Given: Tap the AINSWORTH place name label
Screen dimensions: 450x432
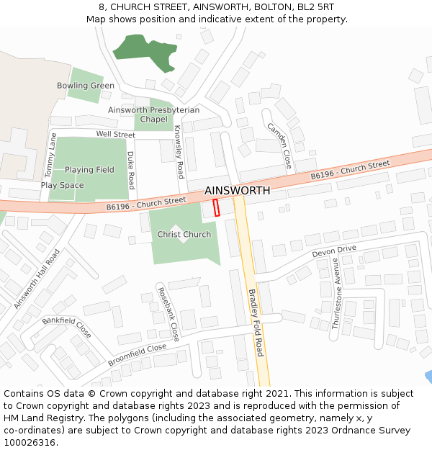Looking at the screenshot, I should [238, 191].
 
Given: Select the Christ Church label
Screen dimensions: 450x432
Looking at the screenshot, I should [184, 234].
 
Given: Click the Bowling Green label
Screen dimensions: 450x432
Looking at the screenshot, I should [86, 86].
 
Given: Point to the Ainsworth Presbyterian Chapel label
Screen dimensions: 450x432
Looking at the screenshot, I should [153, 114].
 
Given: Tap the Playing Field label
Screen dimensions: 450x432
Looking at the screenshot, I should [89, 170].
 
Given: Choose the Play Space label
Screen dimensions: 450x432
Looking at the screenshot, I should [62, 185].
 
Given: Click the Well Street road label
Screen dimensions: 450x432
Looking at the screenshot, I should [115, 135].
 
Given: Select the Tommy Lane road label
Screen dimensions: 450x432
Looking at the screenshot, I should [50, 156].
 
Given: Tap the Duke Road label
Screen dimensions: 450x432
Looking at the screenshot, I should [131, 171].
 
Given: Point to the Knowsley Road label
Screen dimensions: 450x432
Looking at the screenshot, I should [179, 152].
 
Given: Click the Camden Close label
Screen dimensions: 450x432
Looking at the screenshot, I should [279, 145].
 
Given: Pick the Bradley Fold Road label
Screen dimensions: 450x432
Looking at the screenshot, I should [256, 323].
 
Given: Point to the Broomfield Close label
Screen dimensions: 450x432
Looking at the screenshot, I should [137, 355].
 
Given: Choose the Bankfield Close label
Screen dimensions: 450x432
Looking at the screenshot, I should [66, 328].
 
